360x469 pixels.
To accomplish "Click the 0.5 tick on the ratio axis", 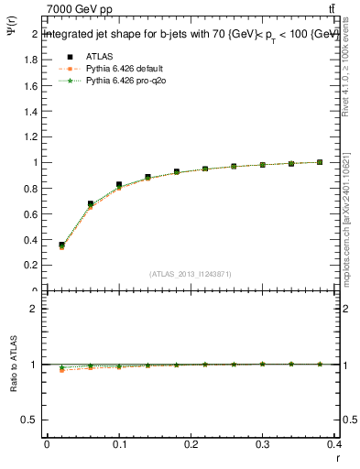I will click(31, 420).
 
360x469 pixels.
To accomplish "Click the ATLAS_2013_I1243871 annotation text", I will click(191, 274).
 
